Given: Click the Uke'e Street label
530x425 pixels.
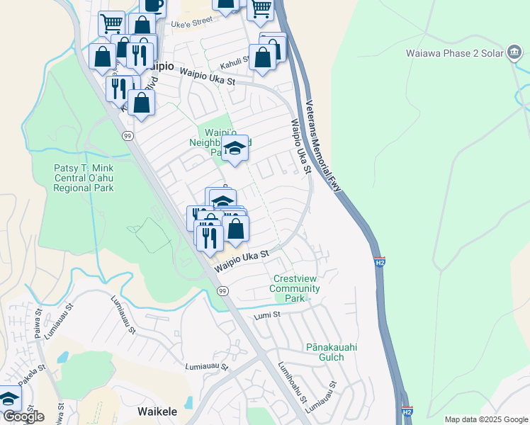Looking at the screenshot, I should (192, 23).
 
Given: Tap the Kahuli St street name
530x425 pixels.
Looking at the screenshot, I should (237, 61).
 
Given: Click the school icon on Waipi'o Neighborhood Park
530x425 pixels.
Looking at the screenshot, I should (235, 149).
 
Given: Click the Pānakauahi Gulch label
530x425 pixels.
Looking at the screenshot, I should (325, 352).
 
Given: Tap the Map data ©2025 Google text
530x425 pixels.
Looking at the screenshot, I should (485, 419).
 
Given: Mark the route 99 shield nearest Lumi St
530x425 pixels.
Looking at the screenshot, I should (222, 291).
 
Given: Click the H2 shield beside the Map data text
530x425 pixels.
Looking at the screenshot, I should (407, 411).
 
